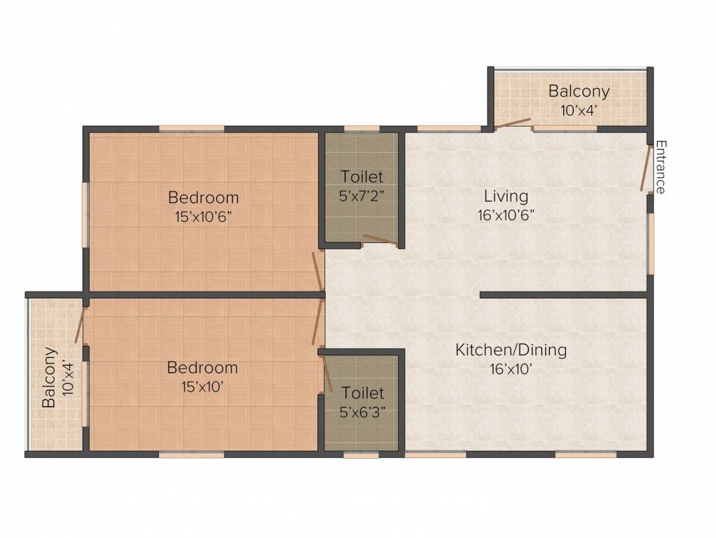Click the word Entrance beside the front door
[660, 167]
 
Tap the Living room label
[506, 196]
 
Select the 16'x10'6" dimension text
[506, 215]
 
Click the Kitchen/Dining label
[511, 350]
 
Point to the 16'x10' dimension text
[511, 368]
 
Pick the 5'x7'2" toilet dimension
[362, 195]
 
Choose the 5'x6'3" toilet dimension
[363, 412]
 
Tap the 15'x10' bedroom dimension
[202, 387]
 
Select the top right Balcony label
[579, 91]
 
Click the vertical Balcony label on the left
[49, 378]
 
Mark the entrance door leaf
[646, 167]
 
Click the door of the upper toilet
[380, 240]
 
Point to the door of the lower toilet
[327, 374]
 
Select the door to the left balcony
[79, 325]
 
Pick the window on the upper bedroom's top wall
[192, 129]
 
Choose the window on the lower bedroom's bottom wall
[192, 454]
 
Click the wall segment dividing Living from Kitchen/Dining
[564, 295]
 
